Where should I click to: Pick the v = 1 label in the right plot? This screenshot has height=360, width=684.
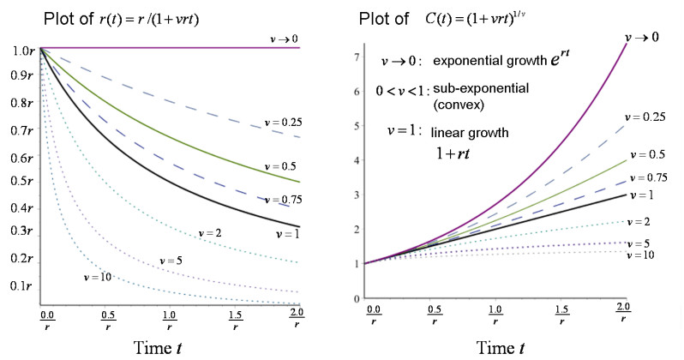[x=641, y=195]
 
